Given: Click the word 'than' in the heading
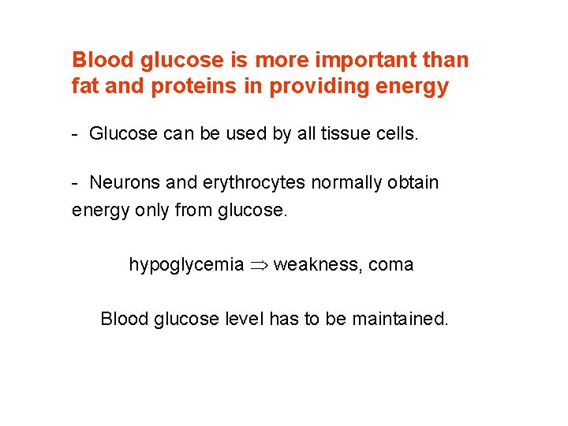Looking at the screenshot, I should point(447,60).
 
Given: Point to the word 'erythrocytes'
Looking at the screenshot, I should point(253,182).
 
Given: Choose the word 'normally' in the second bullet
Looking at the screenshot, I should point(349,182).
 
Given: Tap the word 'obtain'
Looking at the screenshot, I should point(413,182).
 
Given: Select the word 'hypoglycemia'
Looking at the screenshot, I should point(186,265).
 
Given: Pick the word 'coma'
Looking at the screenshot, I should point(390,265).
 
